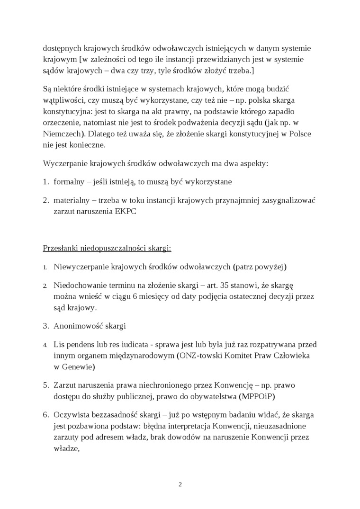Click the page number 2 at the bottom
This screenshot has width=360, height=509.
pos(180,484)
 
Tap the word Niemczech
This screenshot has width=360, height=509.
pos(61,134)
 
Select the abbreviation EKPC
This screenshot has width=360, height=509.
pos(125,212)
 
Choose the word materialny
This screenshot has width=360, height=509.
pos(72,200)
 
